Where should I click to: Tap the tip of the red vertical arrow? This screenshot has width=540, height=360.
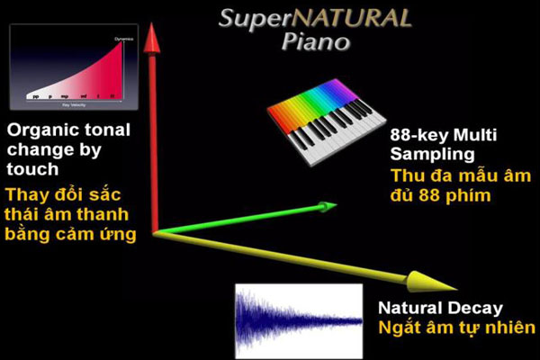[154, 27]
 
